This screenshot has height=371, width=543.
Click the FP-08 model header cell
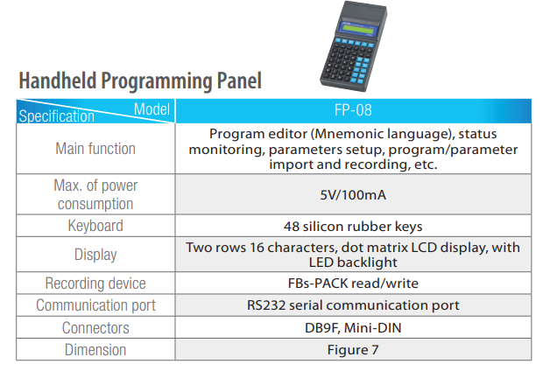pos(353,110)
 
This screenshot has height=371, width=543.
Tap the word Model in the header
pos(152,109)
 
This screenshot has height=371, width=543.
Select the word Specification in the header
pos(56,115)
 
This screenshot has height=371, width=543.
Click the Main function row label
pos(95,149)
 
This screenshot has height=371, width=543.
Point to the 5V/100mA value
pos(353,195)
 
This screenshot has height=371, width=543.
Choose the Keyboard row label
pos(95,226)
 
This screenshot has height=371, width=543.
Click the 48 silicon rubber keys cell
pos(353,227)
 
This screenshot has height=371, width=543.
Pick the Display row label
pos(95,255)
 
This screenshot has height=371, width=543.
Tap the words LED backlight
pos(353,262)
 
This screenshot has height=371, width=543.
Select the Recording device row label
pos(95,283)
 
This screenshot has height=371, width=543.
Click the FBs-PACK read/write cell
pos(353,283)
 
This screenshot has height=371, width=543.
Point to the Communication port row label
pos(95,305)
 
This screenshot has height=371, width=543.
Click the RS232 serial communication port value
pos(353,305)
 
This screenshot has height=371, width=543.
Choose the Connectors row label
pos(95,328)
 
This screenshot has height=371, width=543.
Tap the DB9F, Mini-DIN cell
pos(353,328)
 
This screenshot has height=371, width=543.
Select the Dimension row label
pos(95,349)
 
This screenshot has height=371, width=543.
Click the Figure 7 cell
pos(353,350)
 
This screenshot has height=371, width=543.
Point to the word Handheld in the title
pos(58,80)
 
